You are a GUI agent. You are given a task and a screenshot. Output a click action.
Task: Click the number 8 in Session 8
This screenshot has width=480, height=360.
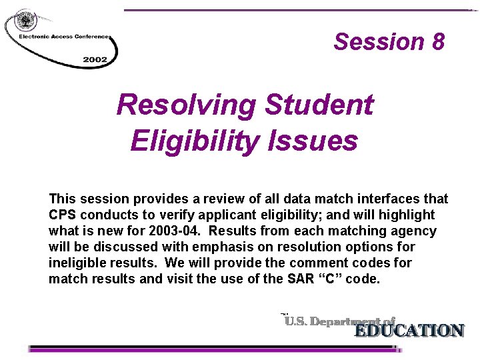tap(437, 41)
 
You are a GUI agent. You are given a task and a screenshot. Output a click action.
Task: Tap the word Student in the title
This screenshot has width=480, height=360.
tap(319, 105)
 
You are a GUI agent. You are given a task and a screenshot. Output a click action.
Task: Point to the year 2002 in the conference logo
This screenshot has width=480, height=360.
tap(95, 59)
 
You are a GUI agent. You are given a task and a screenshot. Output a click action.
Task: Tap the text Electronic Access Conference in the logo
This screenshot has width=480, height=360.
tap(63, 37)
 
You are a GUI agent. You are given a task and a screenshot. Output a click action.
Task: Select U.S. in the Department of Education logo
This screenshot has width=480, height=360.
tap(297, 321)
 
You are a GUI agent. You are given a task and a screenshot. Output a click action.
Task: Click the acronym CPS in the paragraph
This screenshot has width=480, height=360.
tap(62, 215)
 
